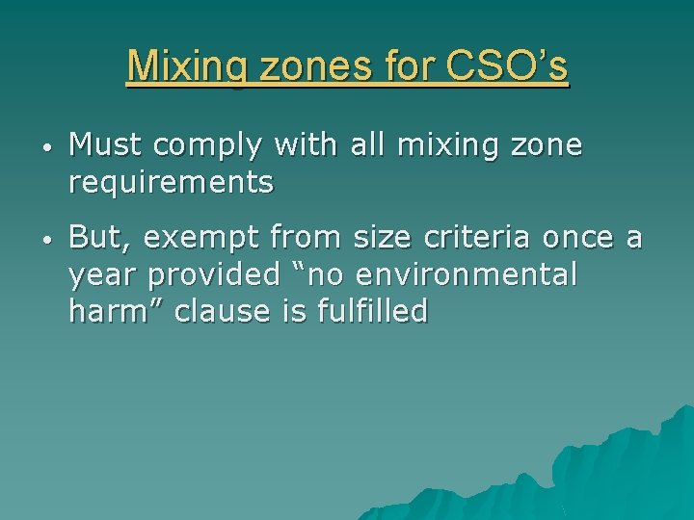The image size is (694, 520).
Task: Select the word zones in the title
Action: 295,66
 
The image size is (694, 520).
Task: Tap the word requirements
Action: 172,181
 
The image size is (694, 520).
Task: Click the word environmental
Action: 467,274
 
